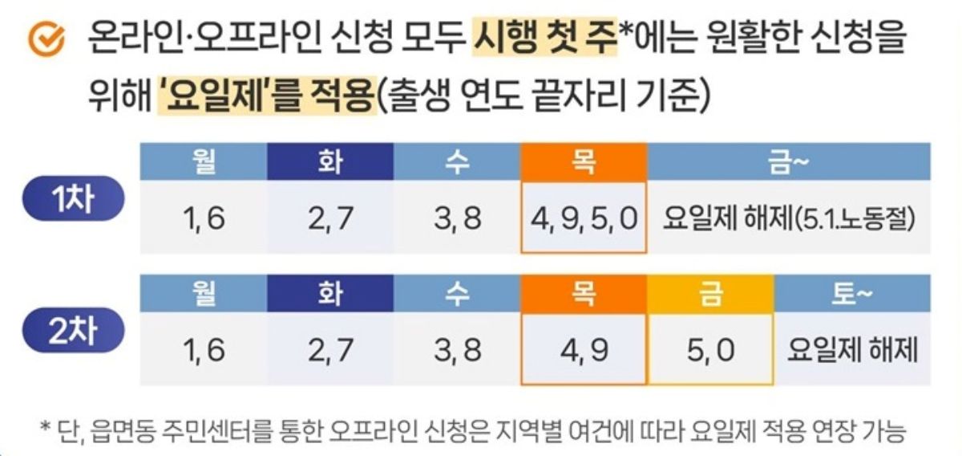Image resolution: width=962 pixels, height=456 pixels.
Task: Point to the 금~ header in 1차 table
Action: click(x=789, y=162)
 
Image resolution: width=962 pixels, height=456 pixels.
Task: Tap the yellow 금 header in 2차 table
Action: click(x=710, y=294)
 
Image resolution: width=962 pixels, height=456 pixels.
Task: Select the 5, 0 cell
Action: click(x=710, y=351)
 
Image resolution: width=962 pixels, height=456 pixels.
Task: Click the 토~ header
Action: click(x=852, y=294)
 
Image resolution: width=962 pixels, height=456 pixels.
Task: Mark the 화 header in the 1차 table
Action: click(x=329, y=162)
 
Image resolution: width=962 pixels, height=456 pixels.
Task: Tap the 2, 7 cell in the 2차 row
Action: click(x=329, y=351)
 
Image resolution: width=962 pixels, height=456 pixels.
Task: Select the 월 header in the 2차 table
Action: click(x=204, y=294)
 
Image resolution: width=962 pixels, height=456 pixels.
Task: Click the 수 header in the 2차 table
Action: click(x=457, y=294)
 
